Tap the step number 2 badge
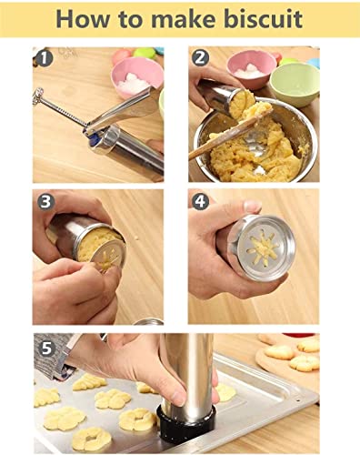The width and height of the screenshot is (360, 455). [201, 58]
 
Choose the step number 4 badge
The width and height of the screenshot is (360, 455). [201, 200]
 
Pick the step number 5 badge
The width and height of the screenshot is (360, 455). [45, 346]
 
